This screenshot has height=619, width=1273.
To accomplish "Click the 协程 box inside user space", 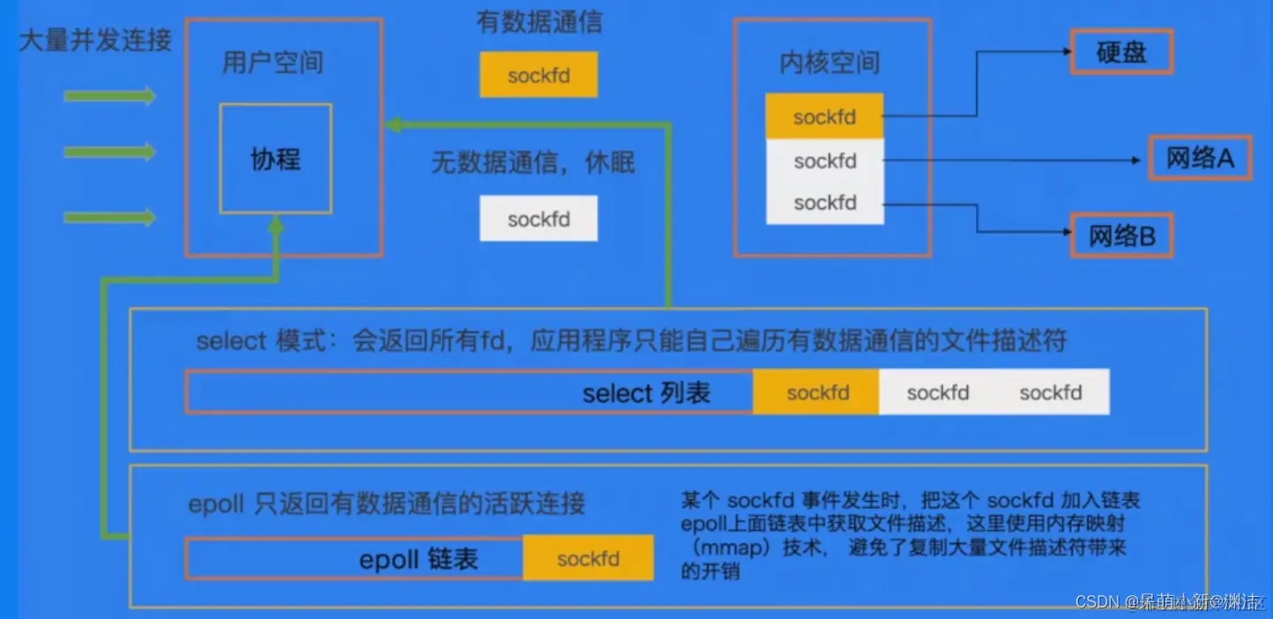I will (x=276, y=159).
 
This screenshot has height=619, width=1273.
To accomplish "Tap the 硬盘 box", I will (x=1121, y=52).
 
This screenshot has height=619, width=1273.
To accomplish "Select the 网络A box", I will (x=1200, y=158).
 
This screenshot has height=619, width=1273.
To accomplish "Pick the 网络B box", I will (x=1121, y=235).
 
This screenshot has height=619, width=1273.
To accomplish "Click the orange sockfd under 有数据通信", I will (x=538, y=75).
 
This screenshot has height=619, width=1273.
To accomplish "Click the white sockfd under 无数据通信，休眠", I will (x=538, y=219).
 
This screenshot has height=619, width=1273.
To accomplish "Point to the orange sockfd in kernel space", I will (x=824, y=117).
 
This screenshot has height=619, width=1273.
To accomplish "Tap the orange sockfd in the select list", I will (x=817, y=392).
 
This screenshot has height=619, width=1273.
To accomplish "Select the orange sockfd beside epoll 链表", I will (x=588, y=558).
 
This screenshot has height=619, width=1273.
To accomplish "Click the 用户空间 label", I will (x=273, y=63).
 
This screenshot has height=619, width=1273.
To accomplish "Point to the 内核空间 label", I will (x=829, y=63).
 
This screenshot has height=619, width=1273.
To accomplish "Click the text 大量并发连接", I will (x=95, y=40).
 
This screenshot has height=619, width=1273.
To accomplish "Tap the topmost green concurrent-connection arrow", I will (x=109, y=95).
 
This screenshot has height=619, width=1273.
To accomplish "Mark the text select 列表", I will (x=646, y=393).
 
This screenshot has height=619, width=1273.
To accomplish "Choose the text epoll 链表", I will (x=418, y=559).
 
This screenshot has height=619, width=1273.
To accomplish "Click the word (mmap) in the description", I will (x=717, y=548).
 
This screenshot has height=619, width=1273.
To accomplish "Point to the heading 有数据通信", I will (x=539, y=22).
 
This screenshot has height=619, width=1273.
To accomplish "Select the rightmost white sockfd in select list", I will (x=1050, y=392).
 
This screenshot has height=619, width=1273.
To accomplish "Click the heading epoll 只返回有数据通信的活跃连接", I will (x=386, y=503).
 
